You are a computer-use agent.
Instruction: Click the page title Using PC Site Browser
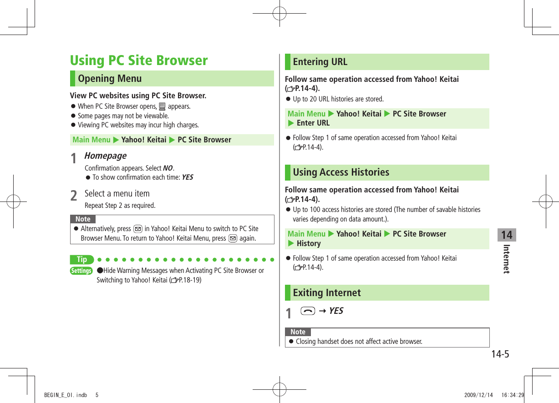(x=138, y=60)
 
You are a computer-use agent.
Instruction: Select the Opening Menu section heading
(x=110, y=79)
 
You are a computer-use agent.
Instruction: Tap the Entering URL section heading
(x=320, y=62)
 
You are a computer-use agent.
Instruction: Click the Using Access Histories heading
(x=341, y=172)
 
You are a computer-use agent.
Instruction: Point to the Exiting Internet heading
(x=326, y=293)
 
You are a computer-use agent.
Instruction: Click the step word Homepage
(x=106, y=156)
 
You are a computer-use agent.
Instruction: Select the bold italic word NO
(x=168, y=168)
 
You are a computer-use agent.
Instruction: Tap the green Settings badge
(x=81, y=271)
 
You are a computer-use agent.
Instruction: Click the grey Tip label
(x=82, y=260)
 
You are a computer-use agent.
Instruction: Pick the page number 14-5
(x=500, y=354)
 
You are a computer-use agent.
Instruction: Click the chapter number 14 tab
(x=506, y=235)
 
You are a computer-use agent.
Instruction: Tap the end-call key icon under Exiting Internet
(x=308, y=311)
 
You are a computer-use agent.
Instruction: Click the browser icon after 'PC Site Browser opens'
(x=162, y=107)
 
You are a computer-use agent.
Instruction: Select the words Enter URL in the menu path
(x=313, y=123)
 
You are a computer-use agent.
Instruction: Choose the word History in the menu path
(x=308, y=244)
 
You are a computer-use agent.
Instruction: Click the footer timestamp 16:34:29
(x=513, y=395)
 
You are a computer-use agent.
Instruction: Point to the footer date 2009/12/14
(x=478, y=395)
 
